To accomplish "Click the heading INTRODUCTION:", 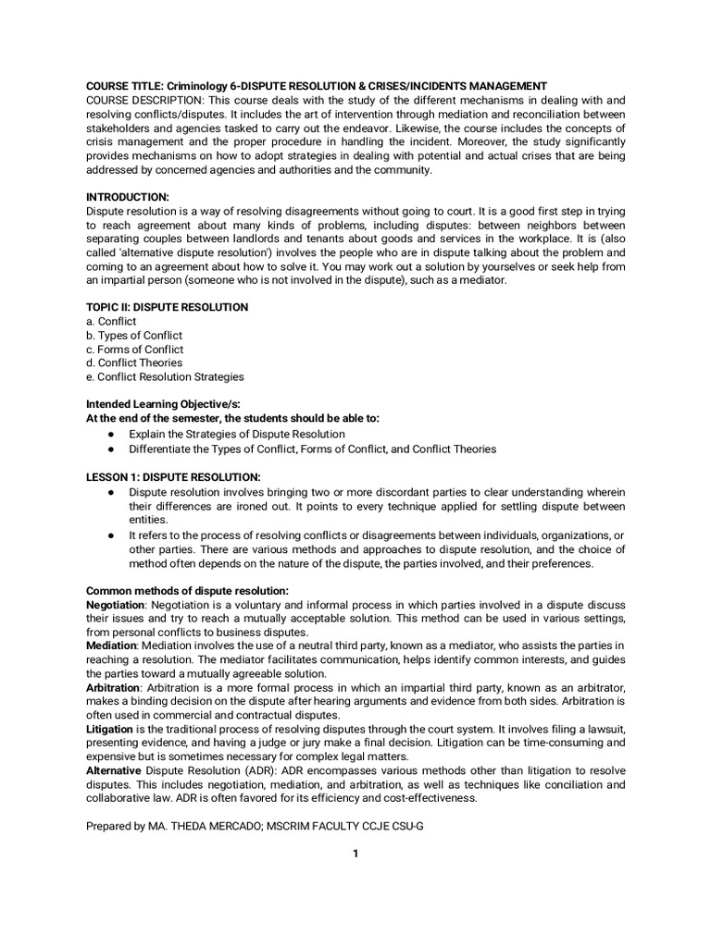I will click(128, 197).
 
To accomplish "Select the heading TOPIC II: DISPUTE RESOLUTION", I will click(167, 307).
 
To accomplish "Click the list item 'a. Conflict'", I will click(111, 321).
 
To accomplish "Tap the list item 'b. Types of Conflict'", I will click(134, 335).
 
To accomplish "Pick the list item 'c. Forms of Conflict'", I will click(135, 350).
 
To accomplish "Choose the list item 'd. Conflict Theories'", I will click(134, 363).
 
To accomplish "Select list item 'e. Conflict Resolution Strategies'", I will click(165, 376).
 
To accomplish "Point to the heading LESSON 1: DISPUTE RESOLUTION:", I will click(173, 476).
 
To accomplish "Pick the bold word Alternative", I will click(114, 770).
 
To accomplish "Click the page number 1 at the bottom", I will click(355, 854).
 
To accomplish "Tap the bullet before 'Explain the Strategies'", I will click(110, 434).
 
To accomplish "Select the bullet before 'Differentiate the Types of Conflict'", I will click(110, 449).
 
